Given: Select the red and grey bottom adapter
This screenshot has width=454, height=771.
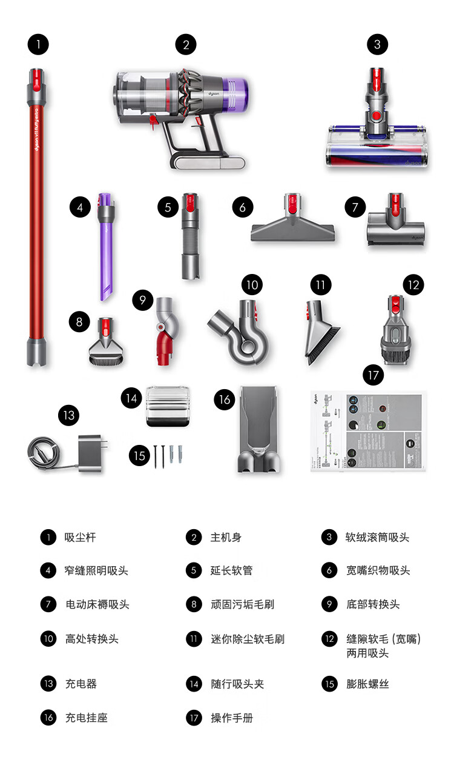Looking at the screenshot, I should click(x=165, y=332).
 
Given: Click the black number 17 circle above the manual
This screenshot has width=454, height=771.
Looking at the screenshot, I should click(x=373, y=375).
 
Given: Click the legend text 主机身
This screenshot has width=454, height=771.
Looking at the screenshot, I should click(x=226, y=537).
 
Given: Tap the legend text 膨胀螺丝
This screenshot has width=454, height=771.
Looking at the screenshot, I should click(x=367, y=684).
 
